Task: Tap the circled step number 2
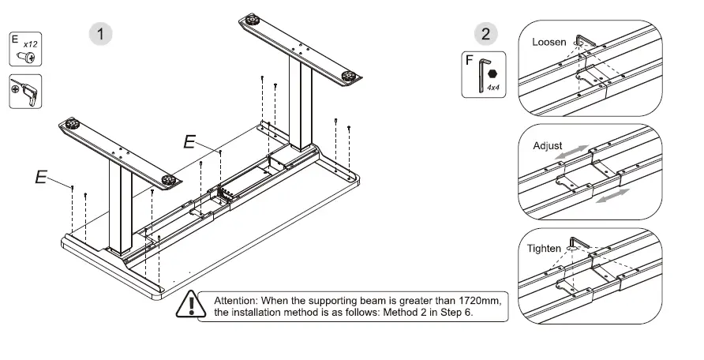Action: [x=485, y=33]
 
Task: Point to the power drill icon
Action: [x=25, y=92]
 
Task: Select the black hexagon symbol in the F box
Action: [x=494, y=73]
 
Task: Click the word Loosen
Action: [x=549, y=42]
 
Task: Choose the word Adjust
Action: [x=548, y=146]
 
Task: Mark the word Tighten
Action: [x=544, y=248]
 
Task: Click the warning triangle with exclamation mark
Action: [x=190, y=305]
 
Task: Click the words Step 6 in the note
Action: [x=466, y=313]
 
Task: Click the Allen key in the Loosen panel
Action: [x=584, y=41]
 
